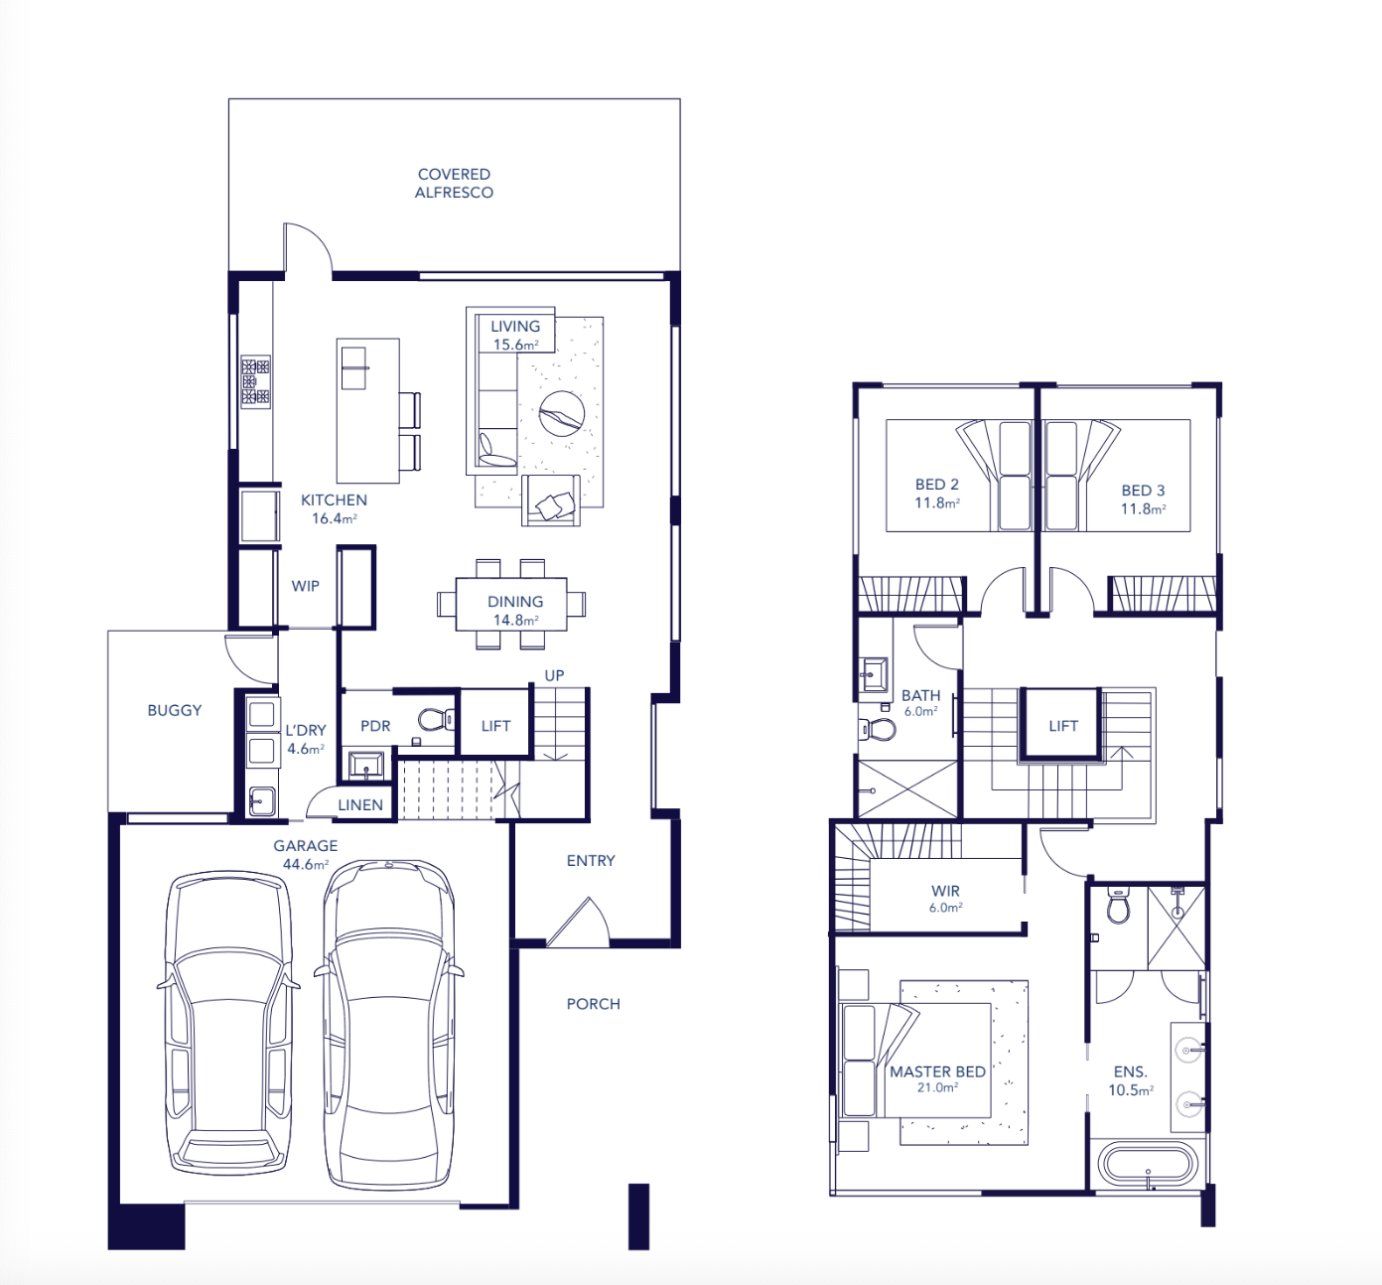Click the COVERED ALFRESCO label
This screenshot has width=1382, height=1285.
coord(454,183)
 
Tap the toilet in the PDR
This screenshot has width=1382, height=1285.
coord(436,718)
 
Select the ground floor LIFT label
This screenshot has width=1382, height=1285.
coord(495,726)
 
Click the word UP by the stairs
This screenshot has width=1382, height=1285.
coord(554,675)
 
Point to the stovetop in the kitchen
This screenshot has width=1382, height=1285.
coord(255,381)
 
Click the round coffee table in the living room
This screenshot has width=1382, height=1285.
coord(562,413)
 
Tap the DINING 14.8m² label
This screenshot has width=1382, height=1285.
coord(515,611)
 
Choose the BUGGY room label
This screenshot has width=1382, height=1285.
coord(174,710)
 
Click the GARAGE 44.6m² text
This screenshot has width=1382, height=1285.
coord(305,854)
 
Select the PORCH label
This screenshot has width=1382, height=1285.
coord(593,1004)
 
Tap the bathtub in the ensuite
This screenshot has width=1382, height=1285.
coord(1148,1164)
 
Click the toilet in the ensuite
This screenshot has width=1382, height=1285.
coord(1118,906)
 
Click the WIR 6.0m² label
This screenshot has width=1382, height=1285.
coord(945,899)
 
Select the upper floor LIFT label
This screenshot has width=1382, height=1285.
coord(1063,726)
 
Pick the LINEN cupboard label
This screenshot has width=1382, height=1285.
coord(359,805)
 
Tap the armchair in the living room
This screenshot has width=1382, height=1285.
coord(550,500)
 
